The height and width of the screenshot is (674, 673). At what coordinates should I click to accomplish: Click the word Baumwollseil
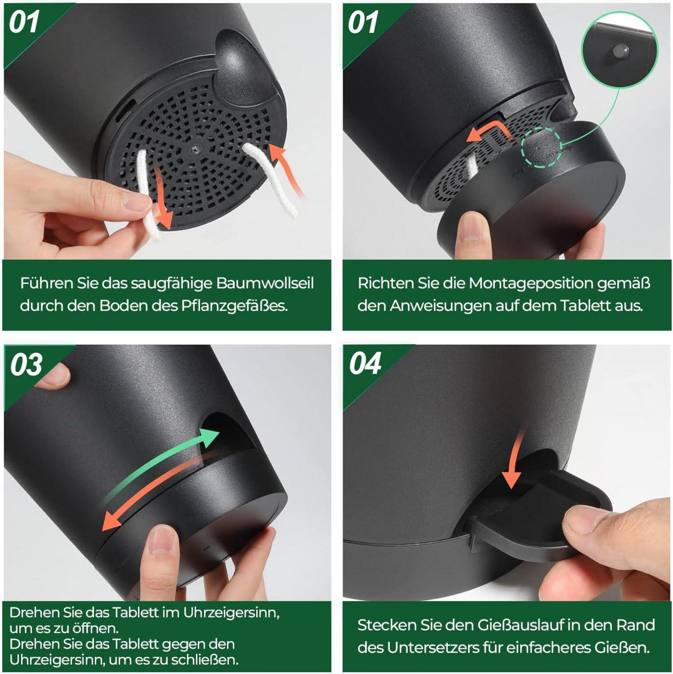[x=265, y=283]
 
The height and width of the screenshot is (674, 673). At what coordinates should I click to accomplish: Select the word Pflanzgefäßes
[x=234, y=306]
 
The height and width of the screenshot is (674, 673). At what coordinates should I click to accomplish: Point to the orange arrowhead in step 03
[x=112, y=521]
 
